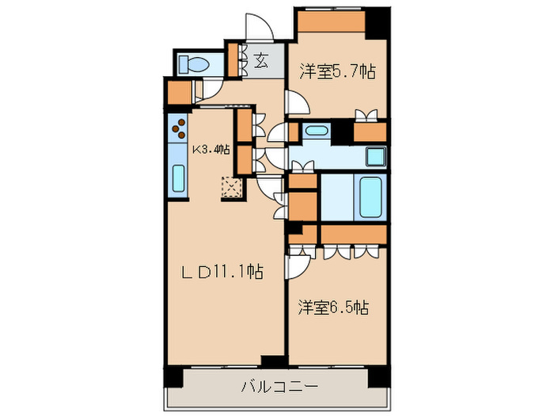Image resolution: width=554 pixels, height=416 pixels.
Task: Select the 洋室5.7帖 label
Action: click(x=336, y=72)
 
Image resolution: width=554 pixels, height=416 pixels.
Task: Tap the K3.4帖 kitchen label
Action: click(x=211, y=149)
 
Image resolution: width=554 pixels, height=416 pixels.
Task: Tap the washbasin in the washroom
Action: click(x=316, y=131)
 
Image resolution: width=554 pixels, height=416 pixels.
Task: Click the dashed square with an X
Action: click(x=232, y=188)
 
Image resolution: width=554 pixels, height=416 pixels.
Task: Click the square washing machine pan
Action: click(x=373, y=155)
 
